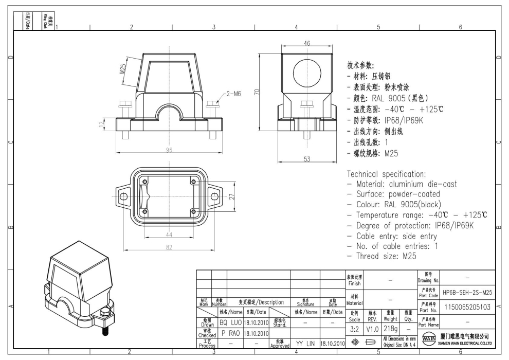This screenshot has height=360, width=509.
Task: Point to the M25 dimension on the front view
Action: (124, 69)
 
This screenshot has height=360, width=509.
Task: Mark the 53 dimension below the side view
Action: (306, 159)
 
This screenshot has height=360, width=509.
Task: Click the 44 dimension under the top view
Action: (168, 235)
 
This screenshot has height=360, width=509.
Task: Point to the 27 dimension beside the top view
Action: (231, 196)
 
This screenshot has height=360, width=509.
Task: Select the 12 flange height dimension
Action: (103, 123)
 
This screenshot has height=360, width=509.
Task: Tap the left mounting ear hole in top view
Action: (122, 196)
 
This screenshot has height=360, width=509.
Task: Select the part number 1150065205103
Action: (467, 307)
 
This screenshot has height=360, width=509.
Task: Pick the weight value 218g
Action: (390, 328)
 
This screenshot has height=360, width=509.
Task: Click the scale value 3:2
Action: (354, 328)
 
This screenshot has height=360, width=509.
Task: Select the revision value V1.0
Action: (372, 328)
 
